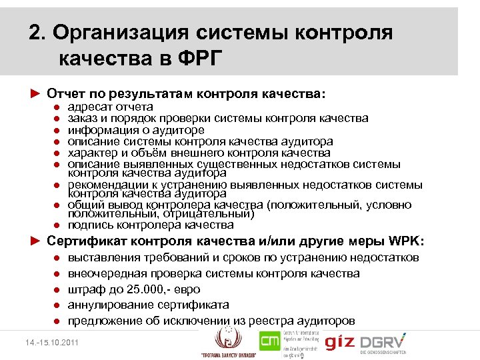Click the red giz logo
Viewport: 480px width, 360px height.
[340, 342]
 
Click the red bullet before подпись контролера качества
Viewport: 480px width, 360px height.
[59, 226]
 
